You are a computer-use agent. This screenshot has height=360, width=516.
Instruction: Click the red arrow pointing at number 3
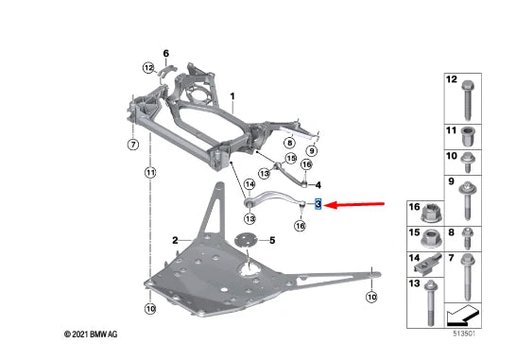pyautogui.click(x=356, y=205)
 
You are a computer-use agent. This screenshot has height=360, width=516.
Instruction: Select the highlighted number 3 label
pyautogui.click(x=318, y=204)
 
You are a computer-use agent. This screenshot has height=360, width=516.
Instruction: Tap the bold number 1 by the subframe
pyautogui.click(x=232, y=96)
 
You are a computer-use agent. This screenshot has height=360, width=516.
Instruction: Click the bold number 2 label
pyautogui.click(x=175, y=241)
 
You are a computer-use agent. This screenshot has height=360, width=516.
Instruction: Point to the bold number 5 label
pyautogui.click(x=272, y=241)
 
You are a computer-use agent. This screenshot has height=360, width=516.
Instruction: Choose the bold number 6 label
pyautogui.click(x=166, y=53)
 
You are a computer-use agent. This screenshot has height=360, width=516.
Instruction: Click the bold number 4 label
pyautogui.click(x=318, y=185)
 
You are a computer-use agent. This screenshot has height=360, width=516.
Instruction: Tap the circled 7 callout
pyautogui.click(x=133, y=145)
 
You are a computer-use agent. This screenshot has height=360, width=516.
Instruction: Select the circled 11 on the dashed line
pyautogui.click(x=150, y=172)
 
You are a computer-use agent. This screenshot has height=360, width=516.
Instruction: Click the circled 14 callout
pyautogui.click(x=249, y=184)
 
